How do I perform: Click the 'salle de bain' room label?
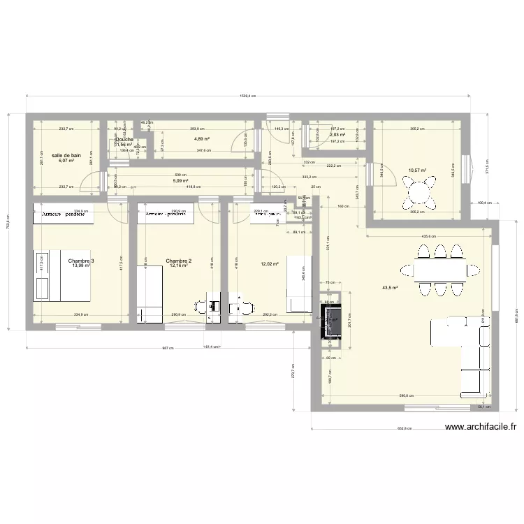[66, 154]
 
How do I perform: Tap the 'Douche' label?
[124, 140]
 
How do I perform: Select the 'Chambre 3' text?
[81, 261]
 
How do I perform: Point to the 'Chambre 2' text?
[179, 261]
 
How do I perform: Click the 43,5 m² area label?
[390, 287]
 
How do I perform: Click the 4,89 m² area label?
[203, 139]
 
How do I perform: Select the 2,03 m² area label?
[336, 135]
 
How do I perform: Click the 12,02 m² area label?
[270, 264]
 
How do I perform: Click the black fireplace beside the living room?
[329, 321]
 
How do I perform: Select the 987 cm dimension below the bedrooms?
[167, 347]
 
